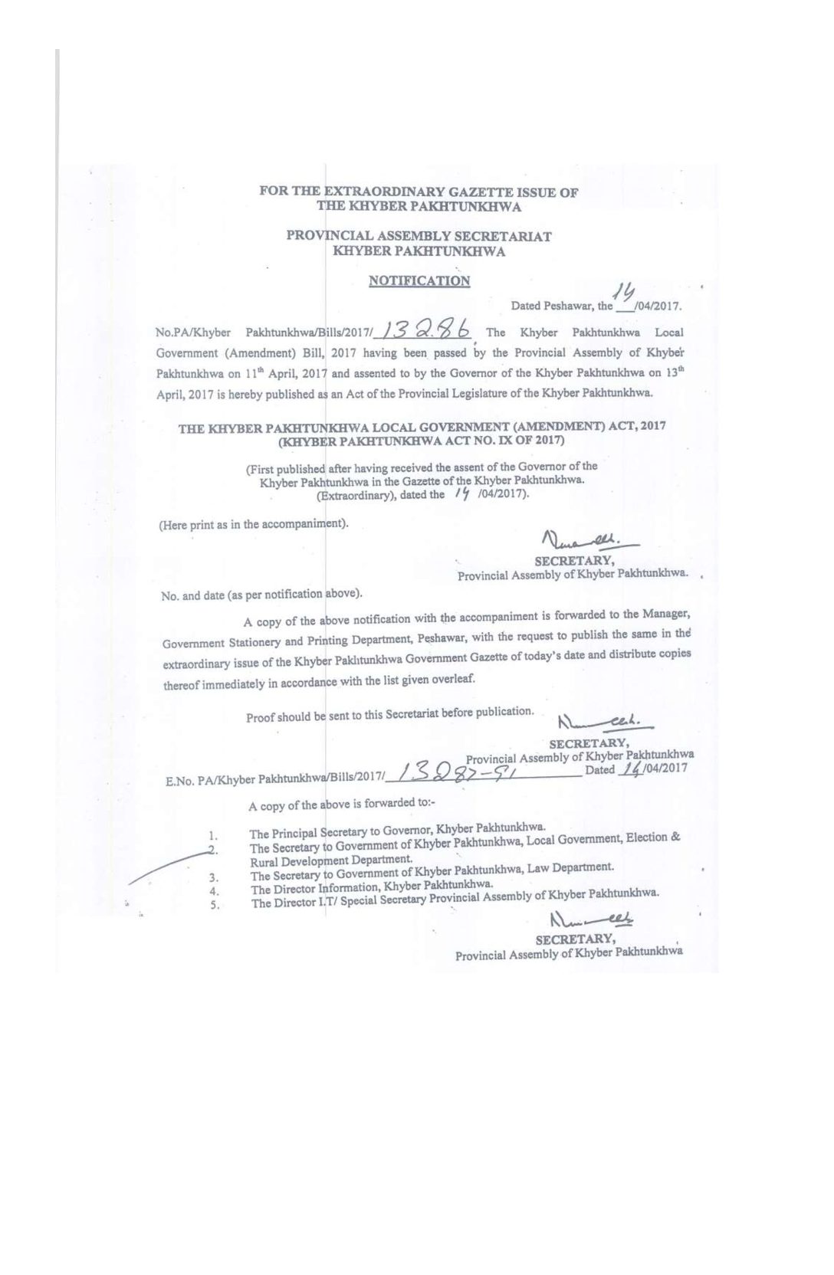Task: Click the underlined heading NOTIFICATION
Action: click(x=419, y=281)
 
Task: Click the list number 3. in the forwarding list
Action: click(x=214, y=877)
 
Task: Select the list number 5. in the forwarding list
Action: click(x=215, y=905)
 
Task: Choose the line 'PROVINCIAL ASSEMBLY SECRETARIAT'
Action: click(x=419, y=236)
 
